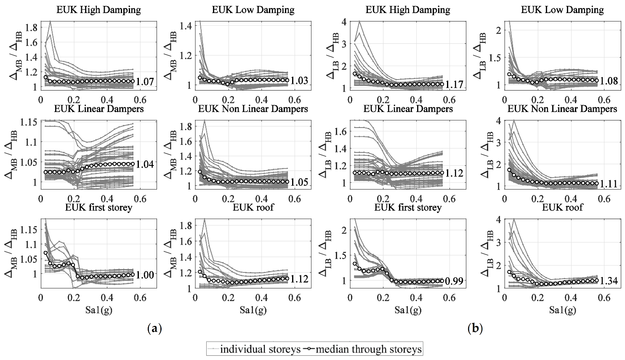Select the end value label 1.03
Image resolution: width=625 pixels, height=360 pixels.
pyautogui.click(x=299, y=81)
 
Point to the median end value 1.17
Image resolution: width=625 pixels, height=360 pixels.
pyautogui.click(x=454, y=84)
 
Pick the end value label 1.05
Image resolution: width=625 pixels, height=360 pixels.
pyautogui.click(x=299, y=182)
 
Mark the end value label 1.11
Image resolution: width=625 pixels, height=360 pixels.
pyautogui.click(x=609, y=184)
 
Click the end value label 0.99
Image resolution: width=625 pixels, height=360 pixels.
pyautogui.click(x=454, y=281)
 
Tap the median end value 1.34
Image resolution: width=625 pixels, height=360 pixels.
pyautogui.click(x=609, y=281)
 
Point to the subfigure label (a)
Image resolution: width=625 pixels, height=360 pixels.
pyautogui.click(x=154, y=328)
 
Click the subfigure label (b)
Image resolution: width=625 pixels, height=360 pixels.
pyautogui.click(x=475, y=328)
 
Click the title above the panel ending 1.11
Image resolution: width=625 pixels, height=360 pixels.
pyautogui.click(x=562, y=109)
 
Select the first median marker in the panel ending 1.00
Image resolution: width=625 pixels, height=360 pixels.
pyautogui.click(x=45, y=253)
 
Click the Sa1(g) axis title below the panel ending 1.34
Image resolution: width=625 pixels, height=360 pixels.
pyautogui.click(x=562, y=310)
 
